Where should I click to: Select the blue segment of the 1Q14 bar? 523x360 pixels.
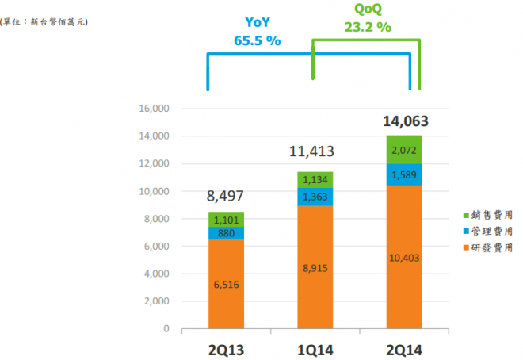point(315,196)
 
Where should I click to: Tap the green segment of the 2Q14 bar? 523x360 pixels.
point(403,149)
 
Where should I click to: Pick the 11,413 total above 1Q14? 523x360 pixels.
point(315,151)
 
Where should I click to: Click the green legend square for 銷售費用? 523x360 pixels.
point(465,215)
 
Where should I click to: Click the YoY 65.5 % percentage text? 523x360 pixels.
point(258,40)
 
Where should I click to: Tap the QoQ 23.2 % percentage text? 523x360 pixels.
point(368,26)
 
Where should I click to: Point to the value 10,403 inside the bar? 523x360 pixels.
point(403,256)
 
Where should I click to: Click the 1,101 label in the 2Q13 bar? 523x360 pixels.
point(226,220)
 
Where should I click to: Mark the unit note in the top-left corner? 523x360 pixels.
point(44,21)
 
